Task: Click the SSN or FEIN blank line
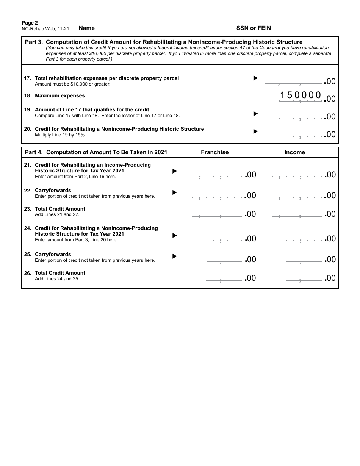[x=305, y=28]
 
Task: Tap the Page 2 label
[x=30, y=23]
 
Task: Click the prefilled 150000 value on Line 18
[x=301, y=95]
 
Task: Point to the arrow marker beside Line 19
[x=255, y=113]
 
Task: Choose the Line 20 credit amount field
[x=304, y=134]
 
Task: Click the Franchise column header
[x=214, y=152]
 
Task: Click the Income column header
[x=294, y=152]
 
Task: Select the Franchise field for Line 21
[x=217, y=174]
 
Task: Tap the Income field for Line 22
[x=297, y=195]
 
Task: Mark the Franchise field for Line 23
[x=217, y=214]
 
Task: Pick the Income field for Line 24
[x=304, y=238]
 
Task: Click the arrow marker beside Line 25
[x=175, y=256]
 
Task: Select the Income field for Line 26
[x=304, y=278]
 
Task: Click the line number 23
[x=28, y=209]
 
